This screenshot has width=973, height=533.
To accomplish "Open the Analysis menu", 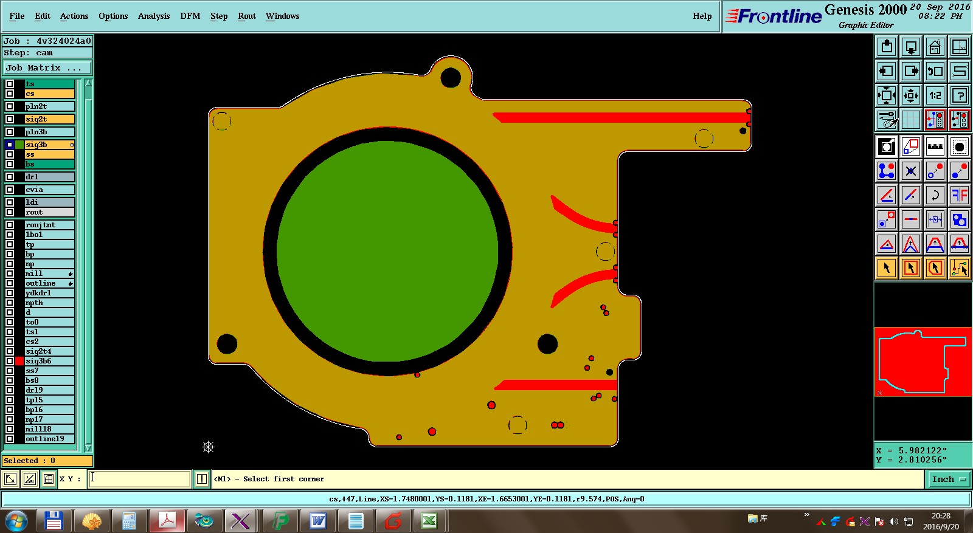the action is (154, 16).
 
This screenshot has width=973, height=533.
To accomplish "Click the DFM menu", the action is (190, 16).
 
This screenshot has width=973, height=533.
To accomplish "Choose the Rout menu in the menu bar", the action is (247, 16).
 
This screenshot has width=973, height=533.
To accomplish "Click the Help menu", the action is (702, 16).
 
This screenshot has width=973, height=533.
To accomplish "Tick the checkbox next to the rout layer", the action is (10, 212).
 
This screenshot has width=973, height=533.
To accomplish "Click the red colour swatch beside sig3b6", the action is (19, 361).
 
